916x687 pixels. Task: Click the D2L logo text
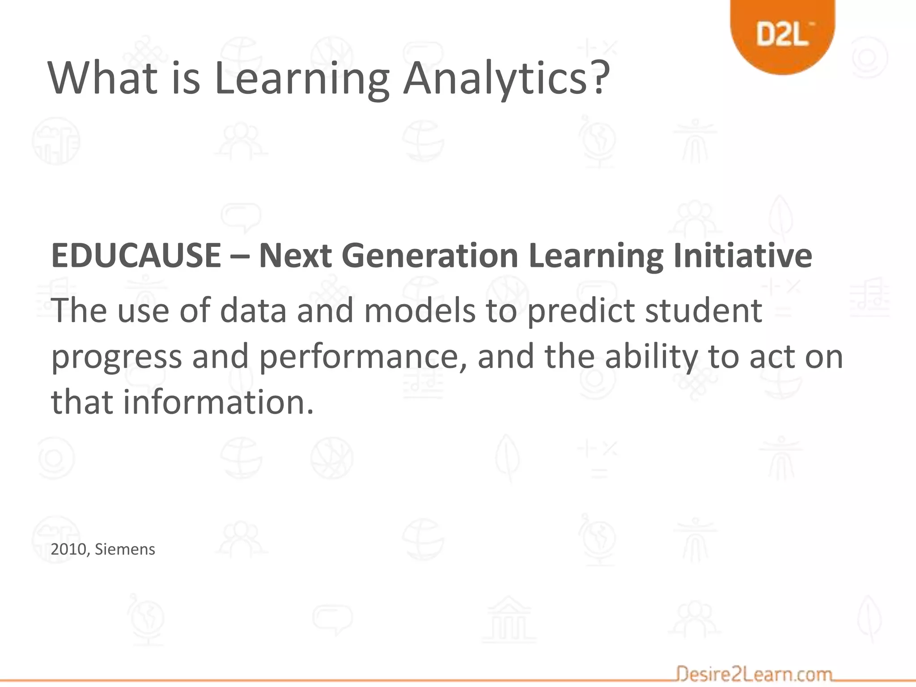pos(782,34)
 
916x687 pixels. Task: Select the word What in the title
pos(103,78)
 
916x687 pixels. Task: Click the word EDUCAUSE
pos(136,255)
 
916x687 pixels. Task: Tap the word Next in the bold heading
pos(295,255)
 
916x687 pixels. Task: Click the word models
pos(420,310)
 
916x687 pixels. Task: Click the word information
pos(219,402)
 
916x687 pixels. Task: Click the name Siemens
pos(125,549)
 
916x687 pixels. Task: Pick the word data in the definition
pos(253,310)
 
